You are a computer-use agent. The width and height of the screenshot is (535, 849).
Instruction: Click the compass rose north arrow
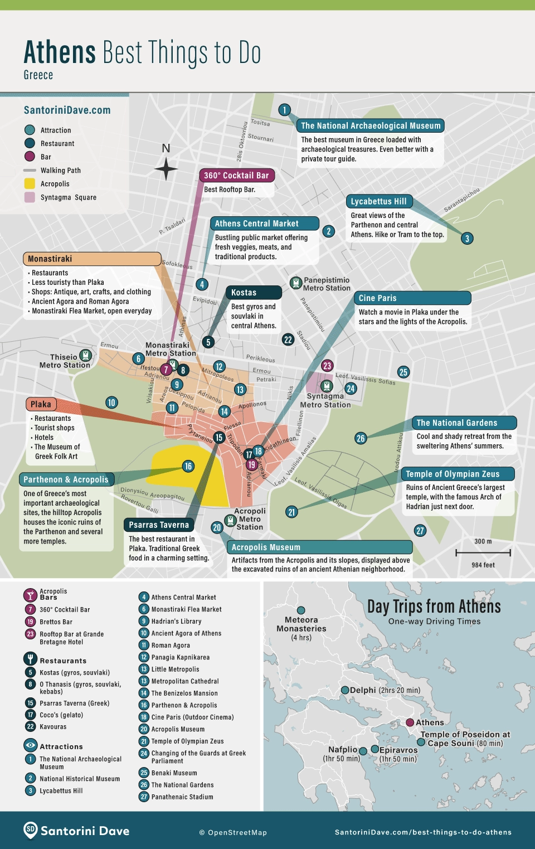166,168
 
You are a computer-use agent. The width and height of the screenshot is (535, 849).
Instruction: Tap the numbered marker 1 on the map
284,110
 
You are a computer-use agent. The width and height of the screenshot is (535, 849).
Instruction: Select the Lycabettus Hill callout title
379,202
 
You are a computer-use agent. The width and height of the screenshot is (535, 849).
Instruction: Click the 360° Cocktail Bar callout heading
236,176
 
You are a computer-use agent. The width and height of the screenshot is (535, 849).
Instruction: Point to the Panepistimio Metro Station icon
296,283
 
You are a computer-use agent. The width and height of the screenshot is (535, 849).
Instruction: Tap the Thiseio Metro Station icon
85,355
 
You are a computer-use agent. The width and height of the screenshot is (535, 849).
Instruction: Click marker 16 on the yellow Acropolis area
188,466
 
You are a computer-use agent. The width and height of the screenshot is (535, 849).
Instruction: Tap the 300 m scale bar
483,552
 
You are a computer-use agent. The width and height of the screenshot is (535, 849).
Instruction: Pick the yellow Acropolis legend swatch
30,184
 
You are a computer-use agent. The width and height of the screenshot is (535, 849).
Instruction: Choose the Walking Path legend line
30,171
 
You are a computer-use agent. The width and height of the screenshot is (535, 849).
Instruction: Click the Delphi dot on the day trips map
345,690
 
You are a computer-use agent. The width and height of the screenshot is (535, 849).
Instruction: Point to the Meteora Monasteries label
301,624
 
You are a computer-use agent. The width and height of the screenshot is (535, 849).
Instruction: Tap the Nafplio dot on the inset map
363,751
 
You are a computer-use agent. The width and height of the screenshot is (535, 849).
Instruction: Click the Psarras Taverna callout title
159,525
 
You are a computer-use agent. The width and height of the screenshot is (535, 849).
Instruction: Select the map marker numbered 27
420,531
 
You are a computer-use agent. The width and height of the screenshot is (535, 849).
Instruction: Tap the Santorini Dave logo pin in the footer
31,830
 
